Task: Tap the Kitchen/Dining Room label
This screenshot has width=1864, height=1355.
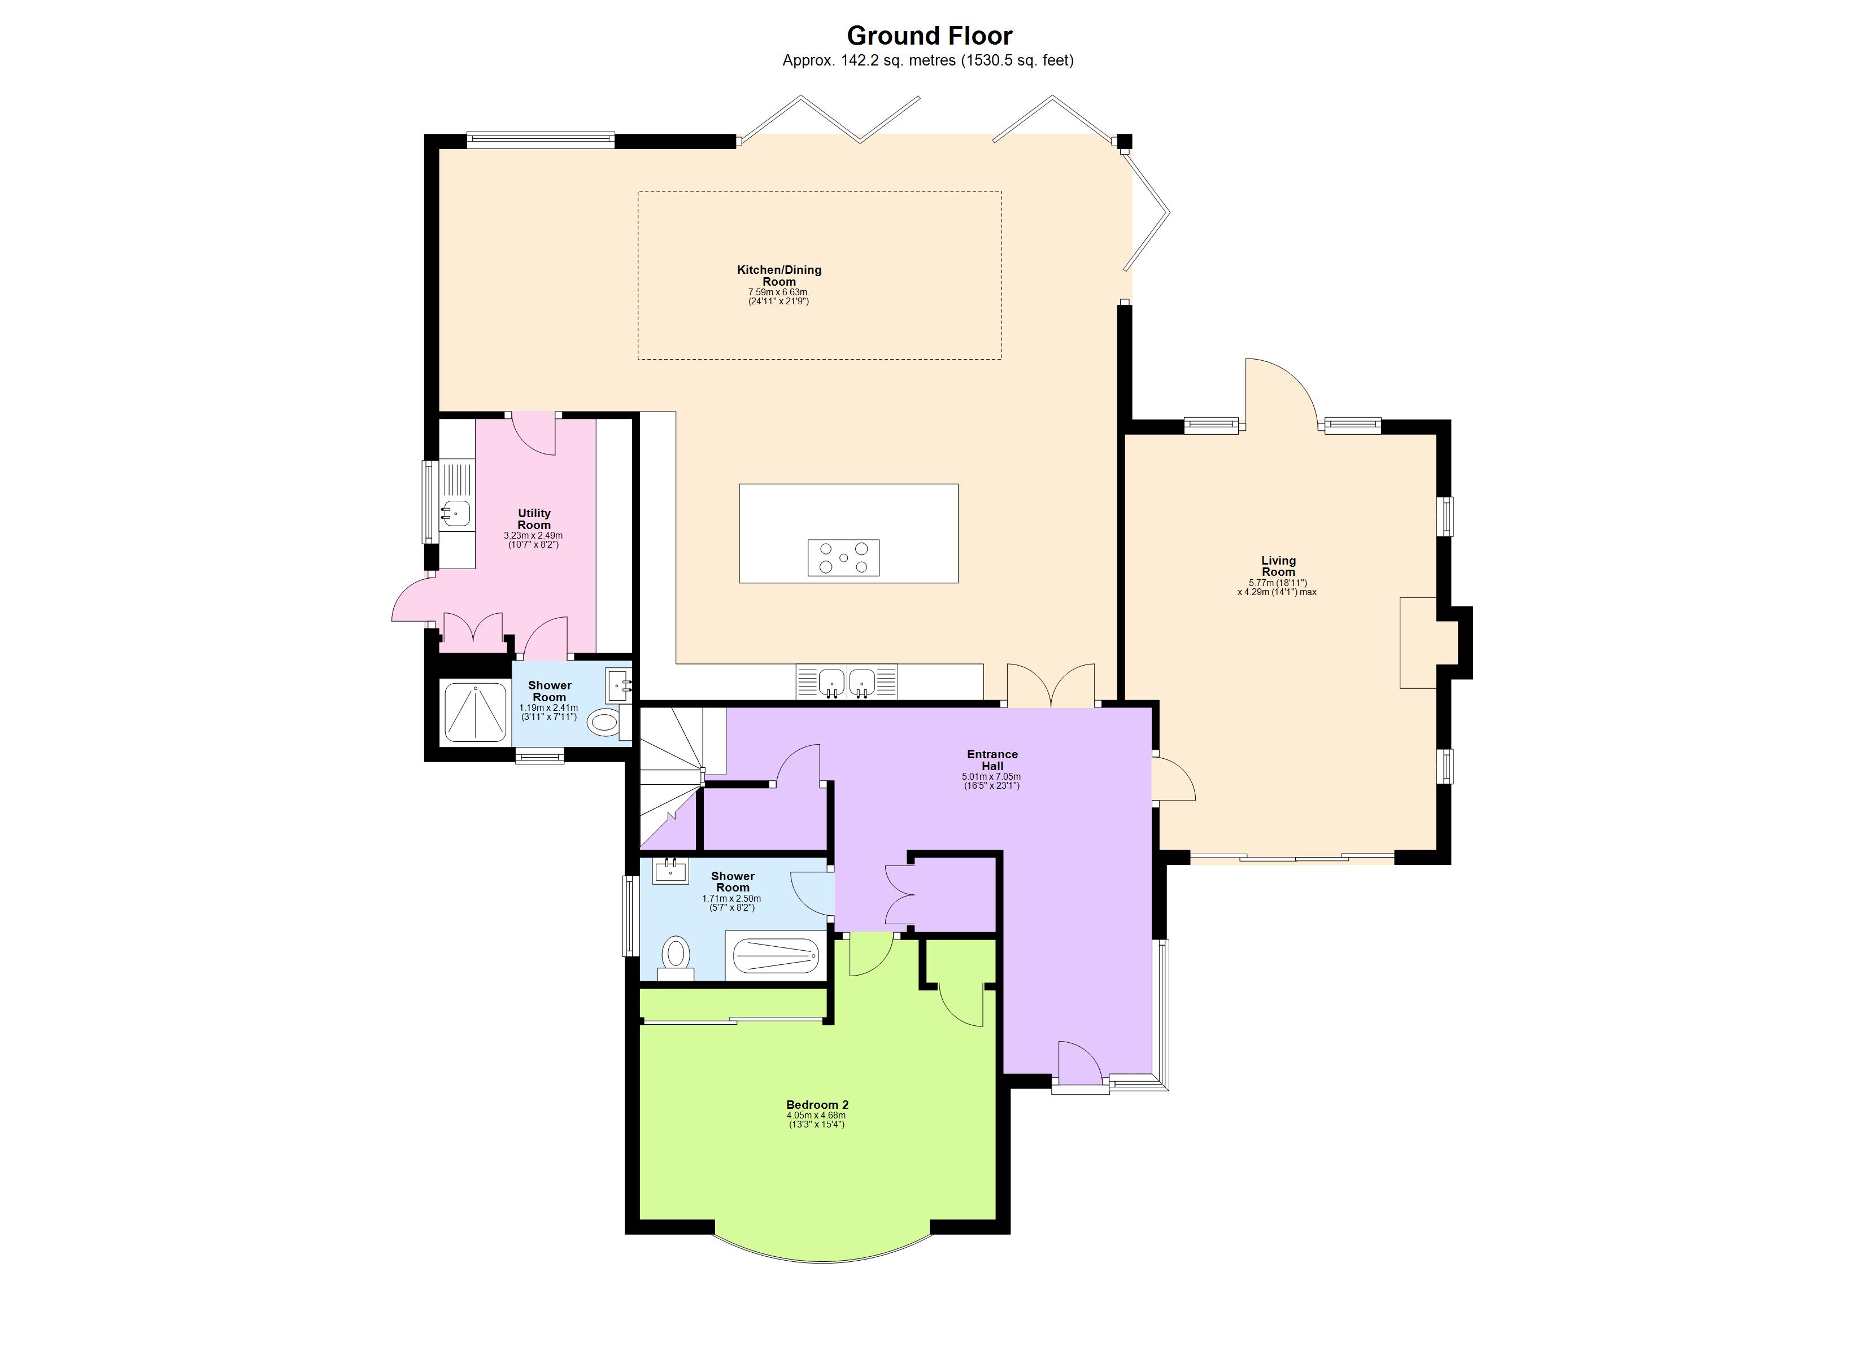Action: click(x=778, y=276)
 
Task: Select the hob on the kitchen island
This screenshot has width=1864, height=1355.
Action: click(x=843, y=557)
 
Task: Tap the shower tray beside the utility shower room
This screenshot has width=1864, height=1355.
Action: click(x=475, y=711)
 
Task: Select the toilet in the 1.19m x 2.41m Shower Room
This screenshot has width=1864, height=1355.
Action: click(x=604, y=722)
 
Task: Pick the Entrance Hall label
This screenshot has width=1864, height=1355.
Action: click(x=991, y=759)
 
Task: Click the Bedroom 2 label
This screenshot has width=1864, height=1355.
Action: click(x=816, y=1104)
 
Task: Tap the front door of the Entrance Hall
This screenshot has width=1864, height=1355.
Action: click(x=1079, y=1065)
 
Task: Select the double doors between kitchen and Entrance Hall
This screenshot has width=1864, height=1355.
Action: click(x=1051, y=685)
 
